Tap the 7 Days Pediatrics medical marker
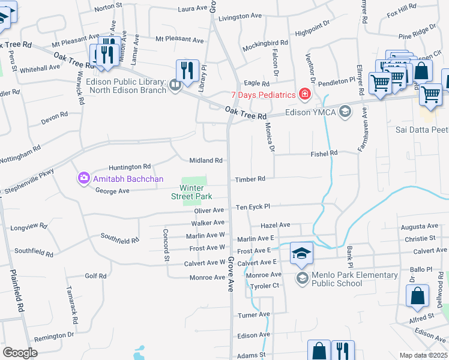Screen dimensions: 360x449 coord(304,95)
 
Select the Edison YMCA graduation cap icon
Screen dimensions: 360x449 coord(345,111)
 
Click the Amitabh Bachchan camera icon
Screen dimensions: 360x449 coord(83,178)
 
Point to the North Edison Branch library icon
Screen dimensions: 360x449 coord(175,85)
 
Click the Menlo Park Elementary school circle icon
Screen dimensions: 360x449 coord(302,278)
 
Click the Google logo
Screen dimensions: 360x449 coord(20,352)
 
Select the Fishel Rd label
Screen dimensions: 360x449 coord(324,153)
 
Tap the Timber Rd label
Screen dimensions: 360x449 coord(250,179)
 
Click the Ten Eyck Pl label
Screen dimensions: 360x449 coord(253,206)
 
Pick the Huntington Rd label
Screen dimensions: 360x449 coord(130,167)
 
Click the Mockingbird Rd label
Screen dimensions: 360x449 coord(265,46)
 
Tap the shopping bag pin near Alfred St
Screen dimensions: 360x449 coord(417,296)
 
